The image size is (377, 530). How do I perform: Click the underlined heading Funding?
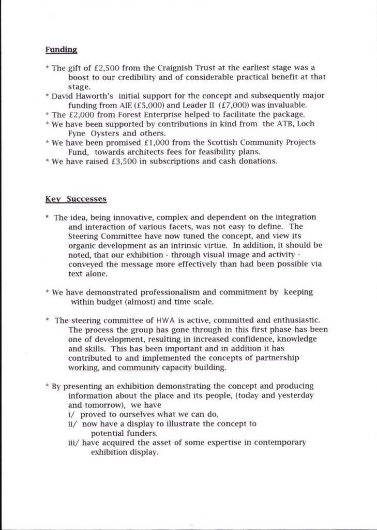61,50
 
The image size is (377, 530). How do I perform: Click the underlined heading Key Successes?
76,199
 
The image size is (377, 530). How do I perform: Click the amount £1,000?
160,142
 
